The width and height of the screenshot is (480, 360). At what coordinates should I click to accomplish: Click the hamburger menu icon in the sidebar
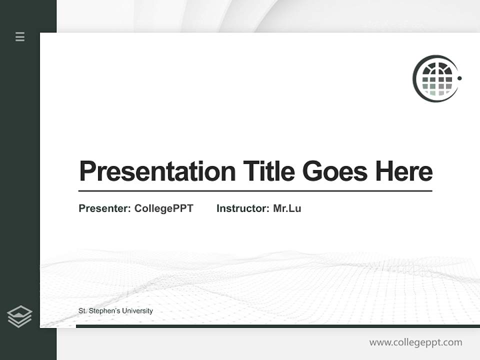click(20, 36)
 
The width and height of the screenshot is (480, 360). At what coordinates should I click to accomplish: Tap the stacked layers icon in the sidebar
click(19, 316)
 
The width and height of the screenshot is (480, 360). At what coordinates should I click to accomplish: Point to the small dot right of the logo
click(459, 78)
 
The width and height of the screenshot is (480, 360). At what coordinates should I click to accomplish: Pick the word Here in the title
click(403, 171)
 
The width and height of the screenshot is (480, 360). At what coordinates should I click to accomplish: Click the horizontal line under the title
click(255, 191)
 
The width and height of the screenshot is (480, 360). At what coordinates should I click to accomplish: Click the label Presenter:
click(104, 208)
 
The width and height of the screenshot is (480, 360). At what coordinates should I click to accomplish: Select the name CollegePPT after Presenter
click(163, 208)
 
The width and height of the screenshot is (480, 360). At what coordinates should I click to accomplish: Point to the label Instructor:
click(242, 208)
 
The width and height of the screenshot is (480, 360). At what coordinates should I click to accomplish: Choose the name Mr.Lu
click(287, 208)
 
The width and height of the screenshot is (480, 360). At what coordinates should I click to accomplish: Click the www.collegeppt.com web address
click(415, 342)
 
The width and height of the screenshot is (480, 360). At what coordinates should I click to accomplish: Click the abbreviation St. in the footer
click(82, 311)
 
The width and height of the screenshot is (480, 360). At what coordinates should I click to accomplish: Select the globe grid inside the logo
click(437, 79)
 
